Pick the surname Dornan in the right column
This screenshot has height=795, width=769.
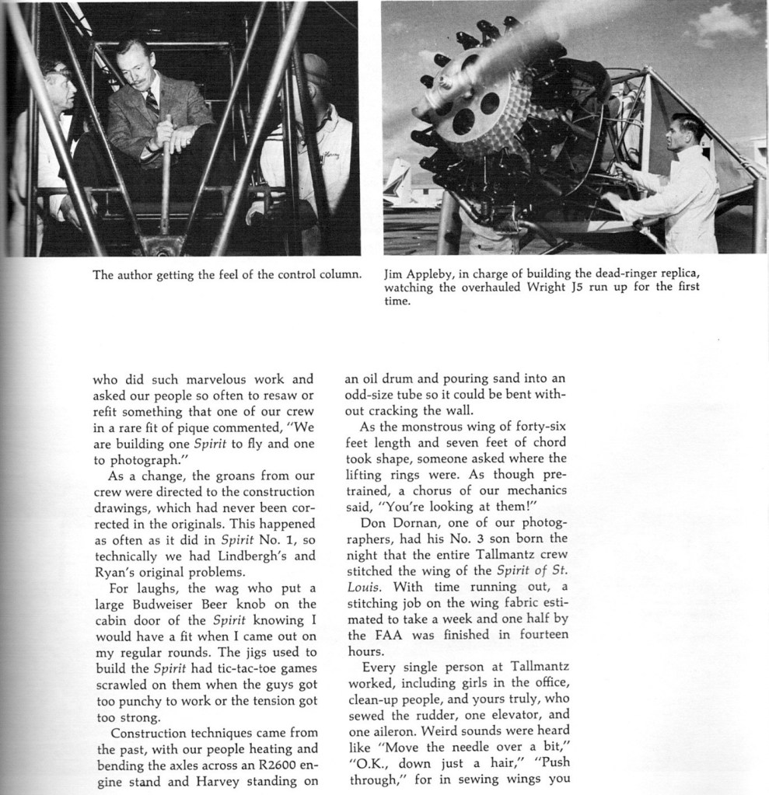tap(417, 522)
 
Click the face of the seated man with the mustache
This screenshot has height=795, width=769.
tap(135, 68)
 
